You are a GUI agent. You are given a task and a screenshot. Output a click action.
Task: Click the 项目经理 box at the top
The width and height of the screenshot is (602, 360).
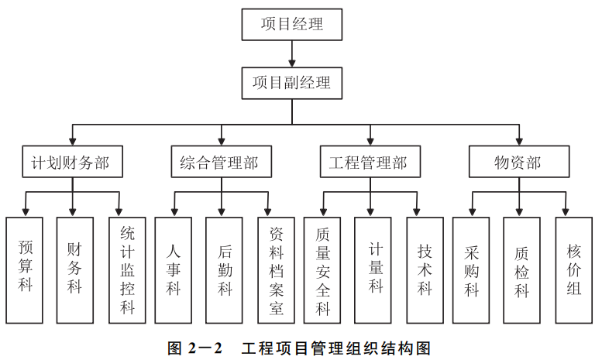[x=291, y=24]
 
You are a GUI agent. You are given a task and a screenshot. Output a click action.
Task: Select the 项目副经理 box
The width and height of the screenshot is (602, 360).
[x=291, y=81]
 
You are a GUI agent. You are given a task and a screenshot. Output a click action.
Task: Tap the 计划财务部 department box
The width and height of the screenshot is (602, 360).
[x=72, y=163]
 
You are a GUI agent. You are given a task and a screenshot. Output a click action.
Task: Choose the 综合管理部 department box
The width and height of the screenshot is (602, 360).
[x=222, y=163]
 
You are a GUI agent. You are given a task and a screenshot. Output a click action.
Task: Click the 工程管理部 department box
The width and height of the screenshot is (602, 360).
[x=369, y=163]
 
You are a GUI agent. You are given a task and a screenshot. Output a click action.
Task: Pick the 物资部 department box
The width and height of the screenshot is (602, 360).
[x=518, y=163]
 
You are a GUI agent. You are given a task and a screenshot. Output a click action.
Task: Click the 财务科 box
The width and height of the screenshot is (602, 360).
[x=75, y=269]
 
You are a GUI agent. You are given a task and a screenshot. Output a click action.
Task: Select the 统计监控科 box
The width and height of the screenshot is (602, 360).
[x=127, y=269]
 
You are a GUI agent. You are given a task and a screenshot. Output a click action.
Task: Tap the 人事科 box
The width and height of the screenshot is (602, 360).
[x=174, y=269]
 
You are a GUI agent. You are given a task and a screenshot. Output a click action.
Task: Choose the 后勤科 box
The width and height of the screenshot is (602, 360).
[x=225, y=269]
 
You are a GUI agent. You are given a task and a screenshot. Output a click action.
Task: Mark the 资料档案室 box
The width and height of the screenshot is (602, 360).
[x=277, y=269]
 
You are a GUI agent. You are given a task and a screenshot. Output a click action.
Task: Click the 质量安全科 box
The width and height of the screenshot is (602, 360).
[x=323, y=269]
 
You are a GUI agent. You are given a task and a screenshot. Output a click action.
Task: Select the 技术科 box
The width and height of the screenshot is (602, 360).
[x=425, y=269]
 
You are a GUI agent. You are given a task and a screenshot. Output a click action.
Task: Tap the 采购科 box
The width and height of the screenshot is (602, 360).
[x=472, y=269]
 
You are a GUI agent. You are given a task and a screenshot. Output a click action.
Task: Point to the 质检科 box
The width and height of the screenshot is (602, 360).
[x=522, y=269]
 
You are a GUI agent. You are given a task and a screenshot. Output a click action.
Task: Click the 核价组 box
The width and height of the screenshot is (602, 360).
[x=574, y=269]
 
